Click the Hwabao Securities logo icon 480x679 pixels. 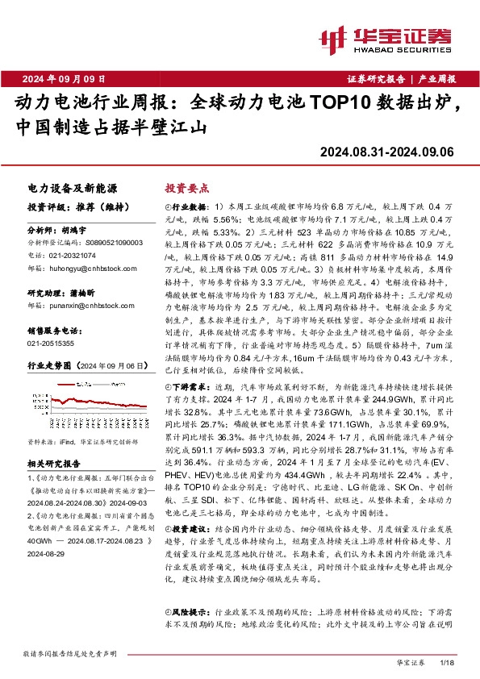pyautogui.click(x=334, y=38)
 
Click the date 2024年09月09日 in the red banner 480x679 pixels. pyautogui.click(x=65, y=78)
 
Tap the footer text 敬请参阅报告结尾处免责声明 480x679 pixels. pyautogui.click(x=72, y=652)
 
